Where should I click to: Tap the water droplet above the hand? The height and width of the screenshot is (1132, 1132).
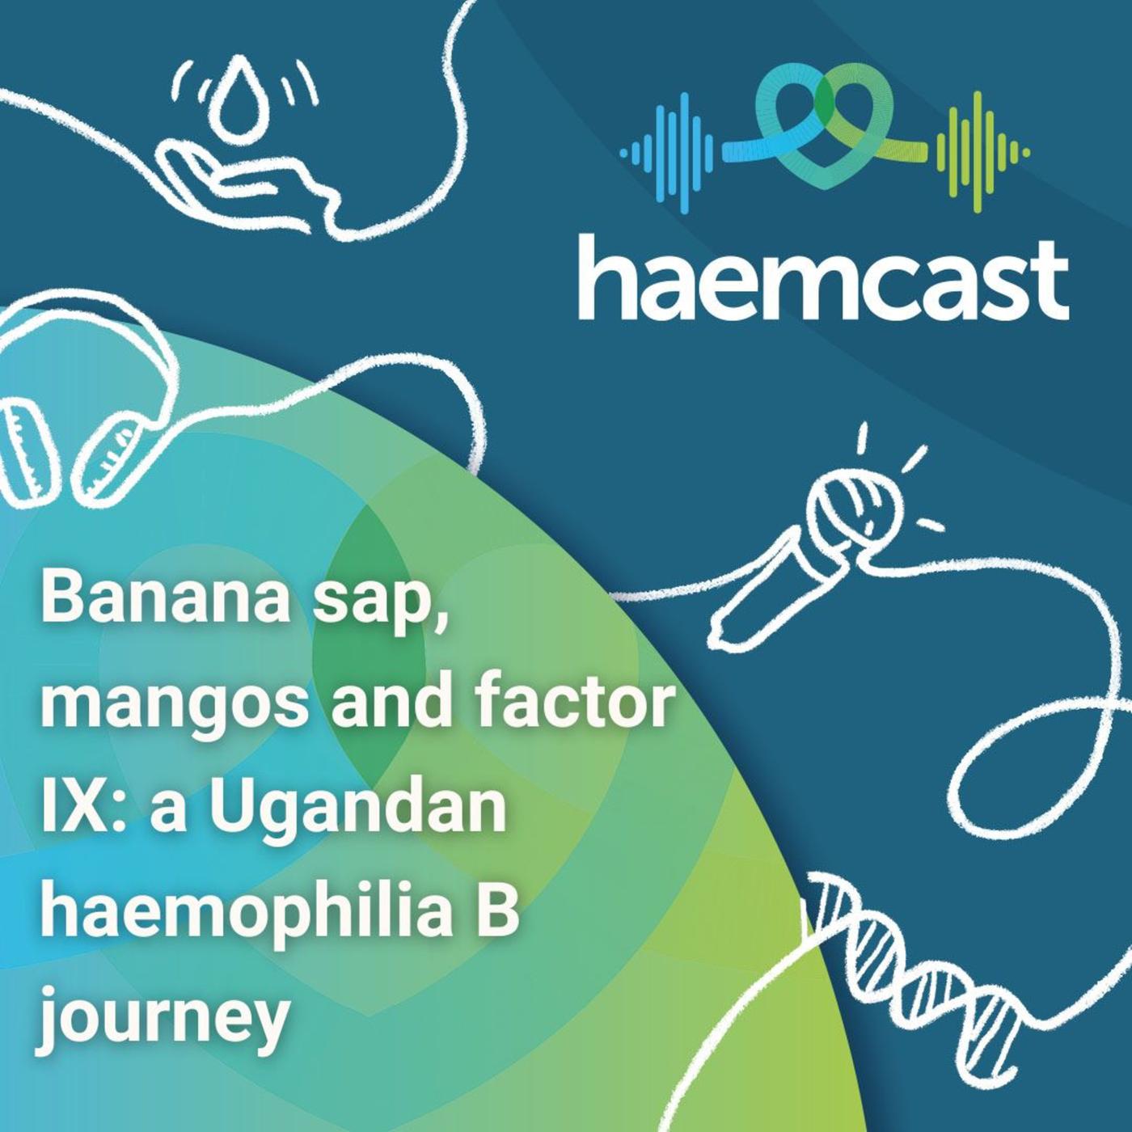point(238,95)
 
